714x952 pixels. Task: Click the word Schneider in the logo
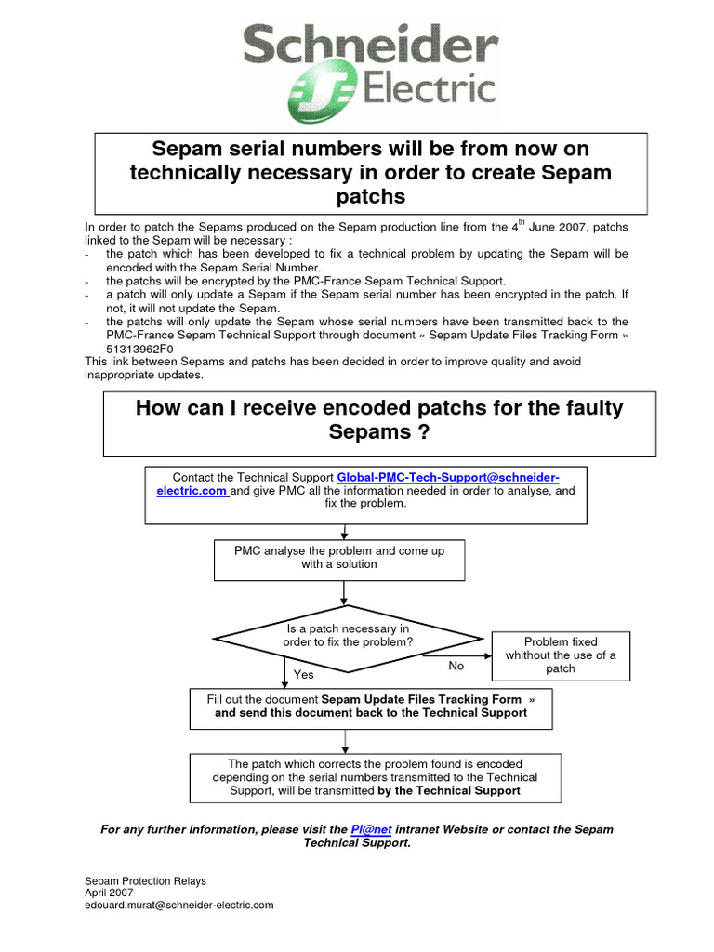pos(369,46)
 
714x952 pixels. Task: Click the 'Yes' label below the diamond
pos(304,674)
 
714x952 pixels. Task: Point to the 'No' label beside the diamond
pos(456,666)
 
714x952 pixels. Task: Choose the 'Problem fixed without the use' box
pos(561,654)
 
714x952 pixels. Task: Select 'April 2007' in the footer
pos(109,892)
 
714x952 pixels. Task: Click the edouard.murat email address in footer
pos(178,904)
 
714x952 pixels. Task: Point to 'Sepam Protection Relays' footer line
pos(145,879)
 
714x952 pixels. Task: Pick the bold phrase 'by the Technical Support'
pos(449,790)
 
